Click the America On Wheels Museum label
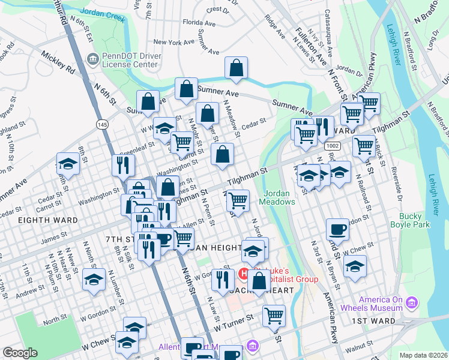point(380,304)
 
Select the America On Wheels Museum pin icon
point(411,302)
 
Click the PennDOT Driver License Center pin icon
point(93,58)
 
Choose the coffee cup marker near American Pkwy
point(337,229)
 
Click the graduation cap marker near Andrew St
point(93,280)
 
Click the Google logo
point(20,353)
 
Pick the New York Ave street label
point(175,42)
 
